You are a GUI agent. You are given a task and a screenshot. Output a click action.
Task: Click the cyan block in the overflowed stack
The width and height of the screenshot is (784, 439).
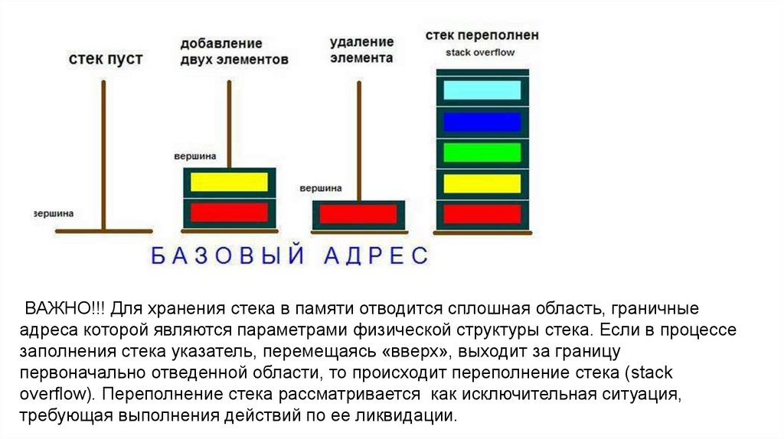482,90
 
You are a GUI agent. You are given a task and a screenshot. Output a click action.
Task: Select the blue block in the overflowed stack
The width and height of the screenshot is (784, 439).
482,122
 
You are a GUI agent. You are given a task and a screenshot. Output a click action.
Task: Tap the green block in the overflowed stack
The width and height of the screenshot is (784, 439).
482,153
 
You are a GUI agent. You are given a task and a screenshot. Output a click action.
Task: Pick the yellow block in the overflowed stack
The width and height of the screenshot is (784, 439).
482,184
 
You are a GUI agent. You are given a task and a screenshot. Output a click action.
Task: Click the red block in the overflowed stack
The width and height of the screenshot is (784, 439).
482,214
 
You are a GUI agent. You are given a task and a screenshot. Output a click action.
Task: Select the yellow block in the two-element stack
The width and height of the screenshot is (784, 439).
229,182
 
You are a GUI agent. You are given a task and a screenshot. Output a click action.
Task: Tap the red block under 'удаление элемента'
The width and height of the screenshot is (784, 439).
358,214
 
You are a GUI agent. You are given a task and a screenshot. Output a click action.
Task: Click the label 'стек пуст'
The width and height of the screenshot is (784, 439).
106,59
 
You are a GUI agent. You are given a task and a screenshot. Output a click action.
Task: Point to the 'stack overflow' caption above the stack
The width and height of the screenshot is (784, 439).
480,53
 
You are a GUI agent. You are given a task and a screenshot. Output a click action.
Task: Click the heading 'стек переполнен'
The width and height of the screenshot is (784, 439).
482,35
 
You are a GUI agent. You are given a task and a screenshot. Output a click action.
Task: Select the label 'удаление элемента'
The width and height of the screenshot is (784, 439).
361,50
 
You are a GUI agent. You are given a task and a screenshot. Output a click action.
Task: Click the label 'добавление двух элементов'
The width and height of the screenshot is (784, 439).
234,51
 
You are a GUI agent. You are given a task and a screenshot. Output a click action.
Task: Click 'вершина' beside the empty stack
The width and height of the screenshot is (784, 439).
54,213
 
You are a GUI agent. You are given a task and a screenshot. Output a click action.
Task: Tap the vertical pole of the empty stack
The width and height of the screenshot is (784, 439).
104,153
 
